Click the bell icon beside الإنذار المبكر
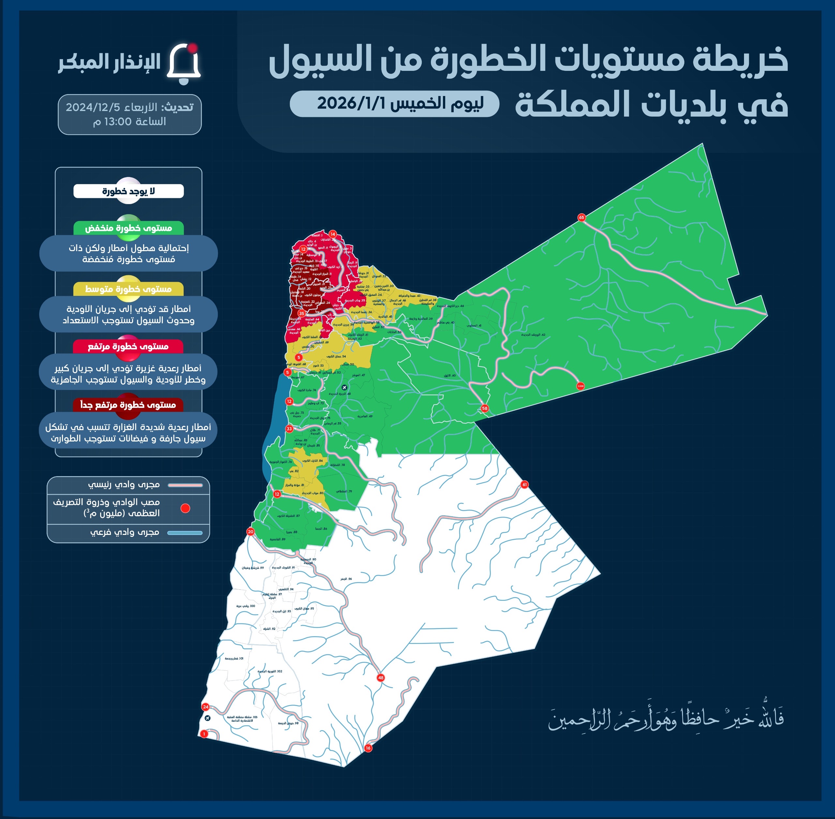tap(184, 64)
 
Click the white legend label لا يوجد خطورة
tap(129, 191)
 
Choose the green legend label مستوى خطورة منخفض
tap(129, 228)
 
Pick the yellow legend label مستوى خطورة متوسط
tap(129, 289)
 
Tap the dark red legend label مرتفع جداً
tap(128, 405)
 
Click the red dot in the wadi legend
tap(185, 508)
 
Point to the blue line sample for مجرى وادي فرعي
tap(185, 533)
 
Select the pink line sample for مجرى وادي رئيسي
tap(185, 485)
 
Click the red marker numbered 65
tap(582, 217)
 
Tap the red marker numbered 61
tap(524, 484)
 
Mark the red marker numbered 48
tap(380, 678)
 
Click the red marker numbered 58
tap(485, 408)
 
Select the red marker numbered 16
tap(368, 748)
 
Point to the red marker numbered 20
tap(250, 532)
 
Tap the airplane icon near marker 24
tap(207, 718)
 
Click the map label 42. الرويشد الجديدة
tap(533, 335)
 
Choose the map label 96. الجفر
tap(346, 579)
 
